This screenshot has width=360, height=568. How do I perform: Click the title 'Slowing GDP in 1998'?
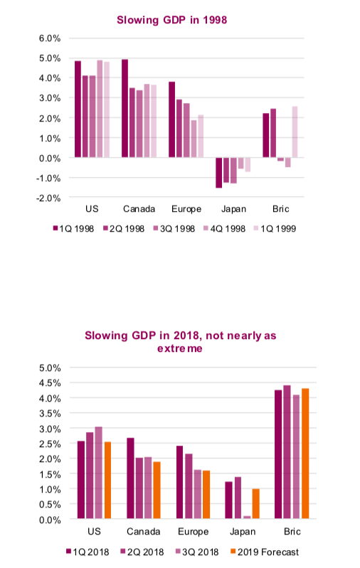point(172,20)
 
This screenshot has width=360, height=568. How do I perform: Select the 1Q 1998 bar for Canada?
point(125,108)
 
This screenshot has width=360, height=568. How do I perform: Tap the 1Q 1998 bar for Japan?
point(218,173)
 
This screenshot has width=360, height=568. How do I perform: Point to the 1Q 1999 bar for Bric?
point(295,132)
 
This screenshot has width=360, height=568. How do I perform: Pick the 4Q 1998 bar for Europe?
point(194,139)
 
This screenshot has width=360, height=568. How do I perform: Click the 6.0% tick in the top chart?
point(50,38)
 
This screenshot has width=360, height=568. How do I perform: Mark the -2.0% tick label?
point(48,198)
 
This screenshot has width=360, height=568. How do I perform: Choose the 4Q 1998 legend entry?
point(225,229)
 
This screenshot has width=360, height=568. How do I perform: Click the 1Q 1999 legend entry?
point(275,229)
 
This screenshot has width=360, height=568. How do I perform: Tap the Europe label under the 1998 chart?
point(186,209)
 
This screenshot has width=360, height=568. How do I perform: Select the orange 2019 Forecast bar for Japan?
point(256,503)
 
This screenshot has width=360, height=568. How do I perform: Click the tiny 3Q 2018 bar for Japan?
point(247,518)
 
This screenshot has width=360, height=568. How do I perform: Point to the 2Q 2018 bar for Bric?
point(287,451)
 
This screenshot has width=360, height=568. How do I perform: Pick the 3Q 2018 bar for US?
point(99,473)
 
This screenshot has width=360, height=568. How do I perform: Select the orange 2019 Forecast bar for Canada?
point(157,490)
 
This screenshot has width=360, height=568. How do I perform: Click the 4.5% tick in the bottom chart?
point(50,383)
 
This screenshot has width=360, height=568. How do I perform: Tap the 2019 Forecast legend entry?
point(265,552)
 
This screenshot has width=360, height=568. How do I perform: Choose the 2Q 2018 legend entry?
point(142,552)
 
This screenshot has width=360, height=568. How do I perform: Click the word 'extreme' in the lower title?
point(180,348)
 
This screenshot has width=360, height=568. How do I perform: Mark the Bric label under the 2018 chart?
point(292,532)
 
